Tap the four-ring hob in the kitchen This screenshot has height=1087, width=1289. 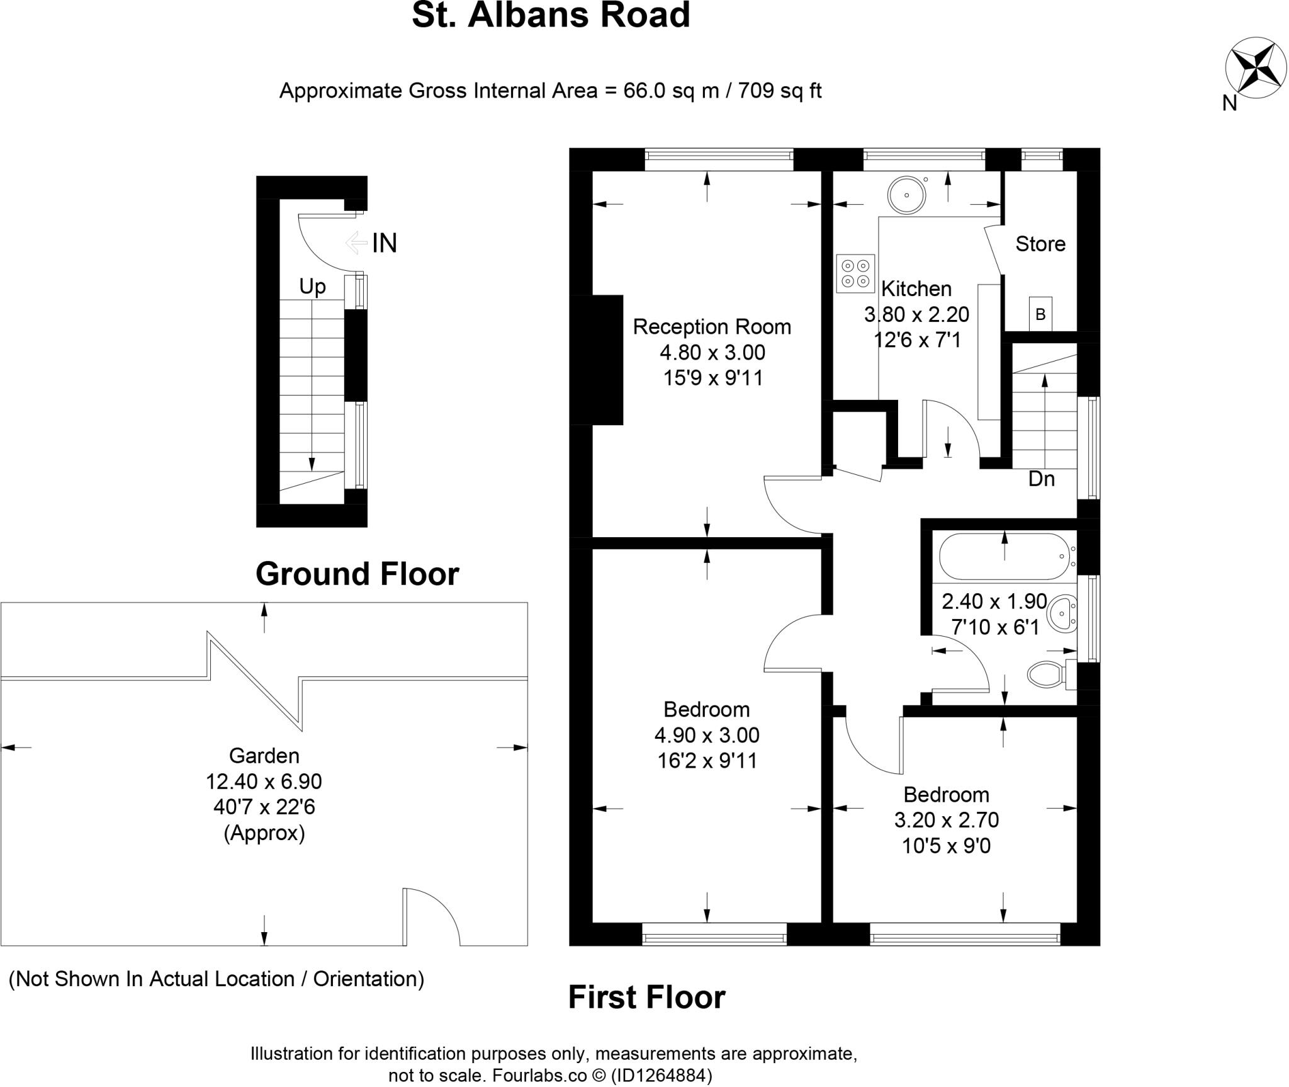pos(855,273)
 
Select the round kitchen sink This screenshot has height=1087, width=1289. pos(907,195)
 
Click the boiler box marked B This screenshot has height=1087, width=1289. pos(1040,314)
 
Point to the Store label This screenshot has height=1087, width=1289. pos(1040,244)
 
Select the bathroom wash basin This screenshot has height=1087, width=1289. pos(1063,612)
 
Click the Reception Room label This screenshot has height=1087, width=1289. pos(712,327)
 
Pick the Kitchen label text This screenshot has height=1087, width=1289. pos(916,289)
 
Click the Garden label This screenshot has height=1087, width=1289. pos(264,755)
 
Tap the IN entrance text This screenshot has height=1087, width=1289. pos(385,243)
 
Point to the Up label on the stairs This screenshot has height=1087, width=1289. pos(312,287)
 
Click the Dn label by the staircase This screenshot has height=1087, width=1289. pos(1041,479)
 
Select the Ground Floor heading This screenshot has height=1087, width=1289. pos(357,574)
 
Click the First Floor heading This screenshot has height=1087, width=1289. pos(646,998)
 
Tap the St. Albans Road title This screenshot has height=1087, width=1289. pos(551,16)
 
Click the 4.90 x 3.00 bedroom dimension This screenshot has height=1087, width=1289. pos(707,735)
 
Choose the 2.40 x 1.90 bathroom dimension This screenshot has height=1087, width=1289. pos(994,601)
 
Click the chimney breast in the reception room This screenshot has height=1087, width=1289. pos(596,360)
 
